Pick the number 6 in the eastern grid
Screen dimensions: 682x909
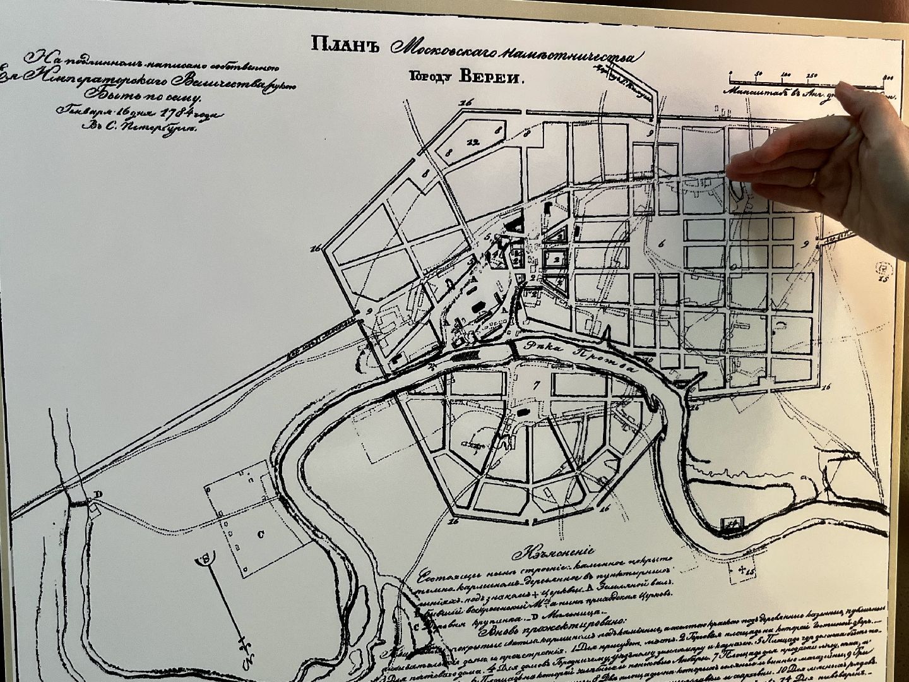point(661,244)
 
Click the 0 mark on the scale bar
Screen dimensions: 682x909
point(730,75)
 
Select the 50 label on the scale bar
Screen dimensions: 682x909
point(760,75)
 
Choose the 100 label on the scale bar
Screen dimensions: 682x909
point(787,75)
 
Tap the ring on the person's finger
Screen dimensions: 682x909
point(814,177)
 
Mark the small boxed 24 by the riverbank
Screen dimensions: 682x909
point(732,522)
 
